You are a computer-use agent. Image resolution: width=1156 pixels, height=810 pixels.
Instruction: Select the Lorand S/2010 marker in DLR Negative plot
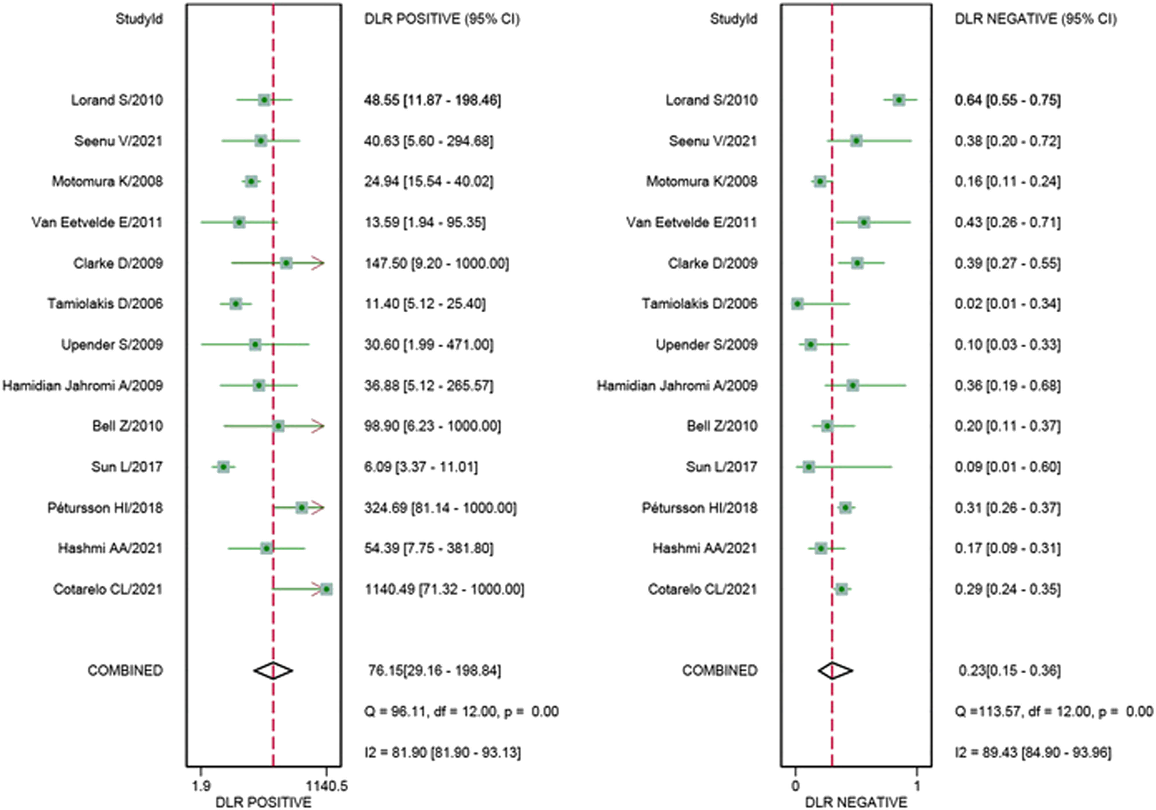coord(899,100)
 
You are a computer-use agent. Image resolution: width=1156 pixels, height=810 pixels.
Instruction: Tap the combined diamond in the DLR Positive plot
coord(273,670)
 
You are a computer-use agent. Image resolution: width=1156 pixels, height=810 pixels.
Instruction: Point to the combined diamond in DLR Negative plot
coord(835,670)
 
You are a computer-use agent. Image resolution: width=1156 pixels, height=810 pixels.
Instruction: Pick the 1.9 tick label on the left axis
coord(201,786)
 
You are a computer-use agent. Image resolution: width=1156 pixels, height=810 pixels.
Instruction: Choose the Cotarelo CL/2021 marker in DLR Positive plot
coord(326,589)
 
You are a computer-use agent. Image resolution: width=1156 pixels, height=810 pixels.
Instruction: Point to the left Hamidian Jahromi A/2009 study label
coord(83,385)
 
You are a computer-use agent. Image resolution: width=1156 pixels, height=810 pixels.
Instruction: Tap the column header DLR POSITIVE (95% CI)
coord(442,19)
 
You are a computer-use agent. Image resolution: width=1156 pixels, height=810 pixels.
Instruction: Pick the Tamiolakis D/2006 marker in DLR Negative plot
coord(797,304)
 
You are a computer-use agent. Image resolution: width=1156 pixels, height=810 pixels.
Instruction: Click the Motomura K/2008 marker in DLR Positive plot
coord(251,181)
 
